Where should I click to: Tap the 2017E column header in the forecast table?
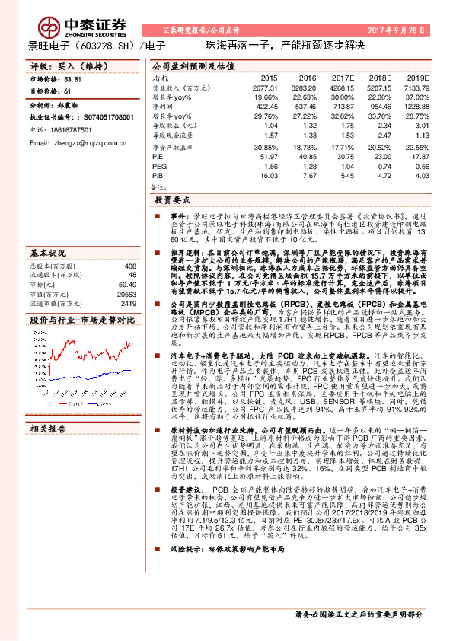344,79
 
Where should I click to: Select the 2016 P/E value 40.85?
305,155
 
